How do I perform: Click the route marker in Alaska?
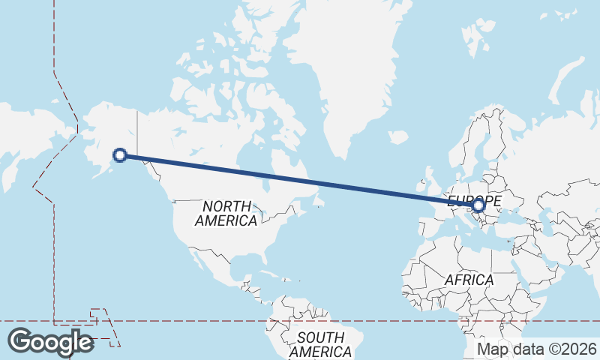[119, 155]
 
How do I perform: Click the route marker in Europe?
[478, 204]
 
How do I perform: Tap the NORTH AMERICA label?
[226, 213]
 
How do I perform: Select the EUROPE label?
[474, 200]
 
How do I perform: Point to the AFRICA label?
[469, 280]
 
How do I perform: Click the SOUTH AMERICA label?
[320, 344]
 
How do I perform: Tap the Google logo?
[50, 342]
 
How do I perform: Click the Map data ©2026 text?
[537, 349]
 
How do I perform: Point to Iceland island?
[397, 138]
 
